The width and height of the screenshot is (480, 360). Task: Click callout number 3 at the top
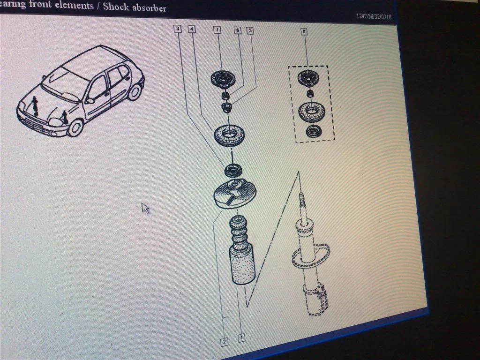click(x=178, y=29)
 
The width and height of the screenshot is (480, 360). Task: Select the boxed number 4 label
click(x=192, y=29)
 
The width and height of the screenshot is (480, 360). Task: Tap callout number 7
click(x=217, y=30)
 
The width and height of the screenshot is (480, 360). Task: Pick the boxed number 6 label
click(x=238, y=30)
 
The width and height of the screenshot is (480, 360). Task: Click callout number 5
click(x=250, y=30)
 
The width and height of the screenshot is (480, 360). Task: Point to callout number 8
click(x=304, y=31)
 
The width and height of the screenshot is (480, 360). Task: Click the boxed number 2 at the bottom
click(x=225, y=342)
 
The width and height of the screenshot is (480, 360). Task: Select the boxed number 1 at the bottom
click(x=241, y=337)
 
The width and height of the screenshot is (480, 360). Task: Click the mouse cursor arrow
click(x=145, y=208)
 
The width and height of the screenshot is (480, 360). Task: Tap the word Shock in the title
click(x=115, y=7)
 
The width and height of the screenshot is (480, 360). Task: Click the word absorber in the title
click(x=149, y=7)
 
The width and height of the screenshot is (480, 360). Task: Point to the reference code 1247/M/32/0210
click(x=374, y=16)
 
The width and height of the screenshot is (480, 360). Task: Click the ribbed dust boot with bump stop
click(x=241, y=250)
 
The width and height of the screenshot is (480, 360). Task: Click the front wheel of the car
click(x=75, y=127)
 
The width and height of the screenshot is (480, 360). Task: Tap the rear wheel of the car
click(x=135, y=91)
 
